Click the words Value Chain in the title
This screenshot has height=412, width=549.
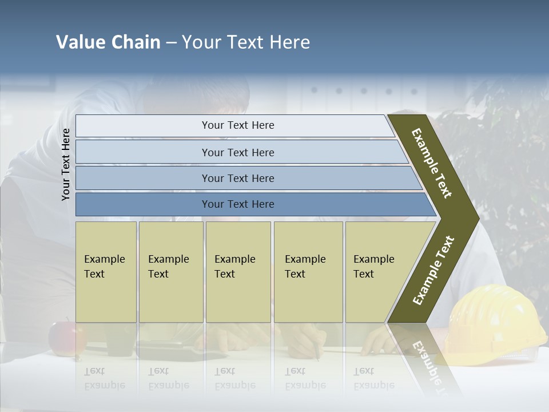coord(108,42)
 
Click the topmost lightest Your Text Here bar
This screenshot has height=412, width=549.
coord(238,125)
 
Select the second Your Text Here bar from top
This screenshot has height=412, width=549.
coord(238,152)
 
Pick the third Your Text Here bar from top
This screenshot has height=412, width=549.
coord(238,178)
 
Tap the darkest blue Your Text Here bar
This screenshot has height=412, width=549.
coord(238,204)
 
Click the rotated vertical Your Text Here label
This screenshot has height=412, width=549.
coord(66,164)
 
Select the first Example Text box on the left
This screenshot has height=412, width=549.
coord(106,272)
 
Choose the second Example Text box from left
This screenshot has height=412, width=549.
coord(170,272)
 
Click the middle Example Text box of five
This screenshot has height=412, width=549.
coord(238,272)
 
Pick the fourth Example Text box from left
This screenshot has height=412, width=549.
coord(308,272)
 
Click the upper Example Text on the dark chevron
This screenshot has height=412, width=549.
coord(432,163)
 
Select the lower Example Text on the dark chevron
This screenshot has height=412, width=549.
coord(433,270)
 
